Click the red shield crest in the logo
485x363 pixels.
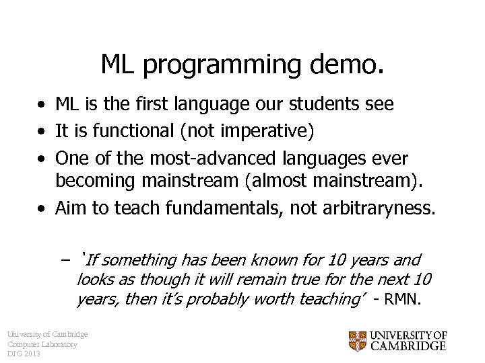[x=358, y=341]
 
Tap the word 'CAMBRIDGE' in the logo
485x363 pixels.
[x=408, y=347]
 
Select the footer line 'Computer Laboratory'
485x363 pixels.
[x=42, y=344]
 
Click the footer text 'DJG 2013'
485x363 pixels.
[x=24, y=354]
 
